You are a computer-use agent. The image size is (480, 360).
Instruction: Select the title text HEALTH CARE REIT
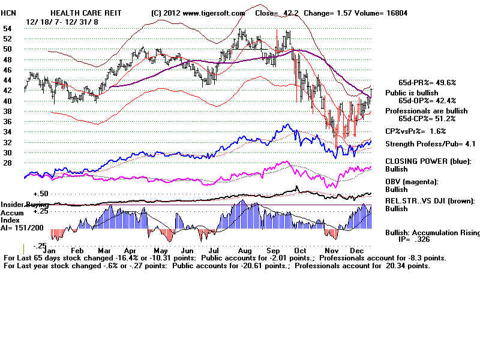point(80,13)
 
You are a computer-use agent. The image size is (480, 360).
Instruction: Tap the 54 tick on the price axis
point(7,28)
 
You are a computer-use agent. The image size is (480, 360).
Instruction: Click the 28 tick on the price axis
point(7,163)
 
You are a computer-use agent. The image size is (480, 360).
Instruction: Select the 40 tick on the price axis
point(7,101)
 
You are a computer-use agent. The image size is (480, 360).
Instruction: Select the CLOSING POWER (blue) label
point(428,161)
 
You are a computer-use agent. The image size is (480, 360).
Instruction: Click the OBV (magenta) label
point(412,181)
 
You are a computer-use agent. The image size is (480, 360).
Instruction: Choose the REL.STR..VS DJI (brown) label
point(430,200)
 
